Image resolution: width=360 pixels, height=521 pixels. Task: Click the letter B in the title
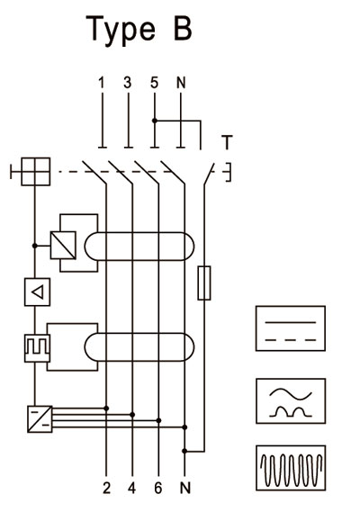[x=183, y=29]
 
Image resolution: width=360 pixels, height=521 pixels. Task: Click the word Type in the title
[x=121, y=31]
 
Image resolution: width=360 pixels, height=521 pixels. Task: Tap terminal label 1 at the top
[x=102, y=83]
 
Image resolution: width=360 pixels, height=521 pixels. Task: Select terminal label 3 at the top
[x=127, y=83]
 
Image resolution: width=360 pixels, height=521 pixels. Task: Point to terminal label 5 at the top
[x=154, y=83]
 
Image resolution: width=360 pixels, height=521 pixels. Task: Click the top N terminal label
[x=181, y=83]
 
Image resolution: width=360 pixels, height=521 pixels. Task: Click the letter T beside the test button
[x=227, y=142]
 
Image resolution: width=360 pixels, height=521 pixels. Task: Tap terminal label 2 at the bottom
[x=106, y=488]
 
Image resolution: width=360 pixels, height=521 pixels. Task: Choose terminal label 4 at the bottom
[x=132, y=488]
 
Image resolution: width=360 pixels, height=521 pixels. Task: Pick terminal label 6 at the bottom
[x=158, y=488]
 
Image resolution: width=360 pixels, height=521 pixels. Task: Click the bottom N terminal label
[x=185, y=488]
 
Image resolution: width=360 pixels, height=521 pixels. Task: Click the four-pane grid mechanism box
[x=36, y=172]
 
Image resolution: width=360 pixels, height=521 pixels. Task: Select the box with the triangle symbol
[x=37, y=292]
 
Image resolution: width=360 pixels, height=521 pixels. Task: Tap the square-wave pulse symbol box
[x=37, y=348]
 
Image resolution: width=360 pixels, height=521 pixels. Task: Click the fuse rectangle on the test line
[x=204, y=283]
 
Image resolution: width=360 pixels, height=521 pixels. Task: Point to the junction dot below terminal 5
[x=154, y=121]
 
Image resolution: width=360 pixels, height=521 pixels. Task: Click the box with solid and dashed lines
[x=291, y=328]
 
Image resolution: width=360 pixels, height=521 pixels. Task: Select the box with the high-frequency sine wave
[x=291, y=468]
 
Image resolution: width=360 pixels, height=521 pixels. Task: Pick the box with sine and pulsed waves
[x=291, y=401]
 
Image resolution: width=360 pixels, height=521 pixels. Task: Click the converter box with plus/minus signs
[x=40, y=419]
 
